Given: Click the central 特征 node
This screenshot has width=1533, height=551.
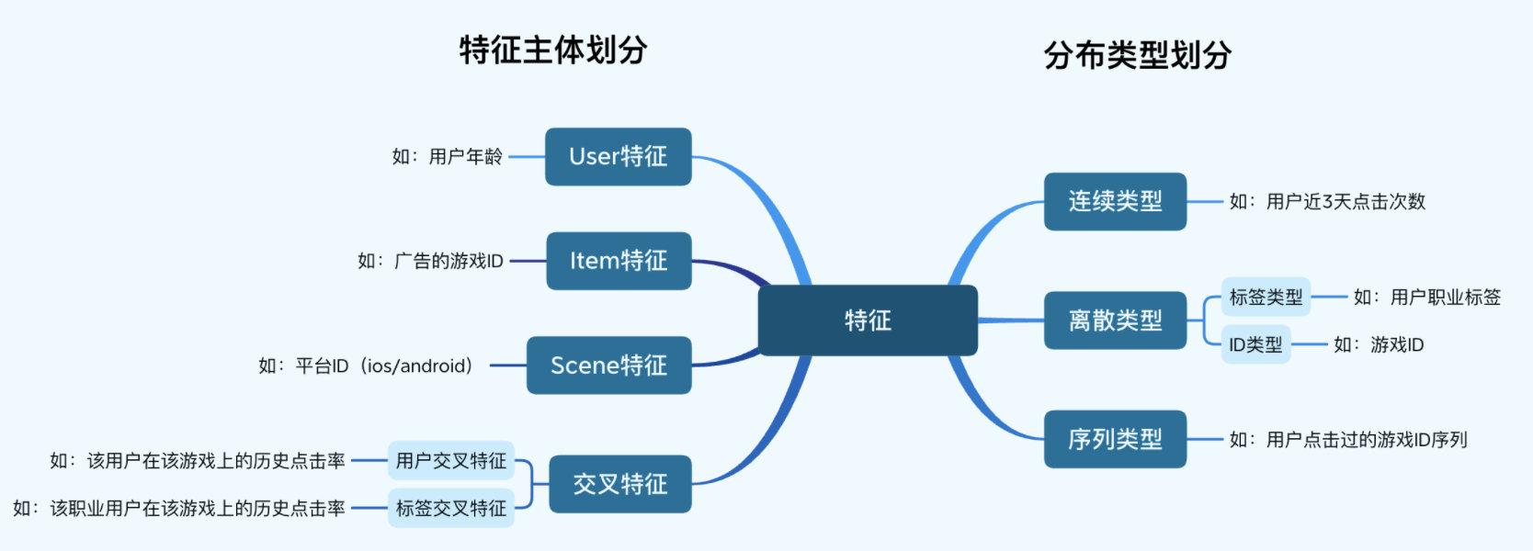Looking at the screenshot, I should point(867,320).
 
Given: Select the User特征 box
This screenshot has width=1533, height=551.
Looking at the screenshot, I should point(618,157).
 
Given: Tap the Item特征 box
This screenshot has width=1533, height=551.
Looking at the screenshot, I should point(618,261).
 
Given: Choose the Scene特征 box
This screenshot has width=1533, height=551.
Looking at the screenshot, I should point(608,365).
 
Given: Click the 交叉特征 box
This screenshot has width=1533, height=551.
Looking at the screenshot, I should point(619,484).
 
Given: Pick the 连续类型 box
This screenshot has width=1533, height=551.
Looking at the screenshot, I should point(1115,201).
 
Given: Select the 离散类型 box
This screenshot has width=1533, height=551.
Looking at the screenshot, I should point(1115,320).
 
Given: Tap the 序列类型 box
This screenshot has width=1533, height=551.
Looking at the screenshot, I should point(1115,440).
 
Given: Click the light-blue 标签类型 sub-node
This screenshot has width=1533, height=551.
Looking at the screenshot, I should point(1266,298).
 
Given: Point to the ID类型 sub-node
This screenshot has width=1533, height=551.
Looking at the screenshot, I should point(1255,344).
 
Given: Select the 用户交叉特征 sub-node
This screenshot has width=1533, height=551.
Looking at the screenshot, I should point(450,461).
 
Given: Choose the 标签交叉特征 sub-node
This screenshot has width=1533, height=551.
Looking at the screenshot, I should point(450,508).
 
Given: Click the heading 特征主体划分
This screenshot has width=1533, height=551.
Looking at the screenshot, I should point(553,50).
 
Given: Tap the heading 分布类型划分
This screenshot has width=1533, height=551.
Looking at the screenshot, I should point(1137,55).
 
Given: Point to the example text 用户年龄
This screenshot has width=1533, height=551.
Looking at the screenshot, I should point(465,157).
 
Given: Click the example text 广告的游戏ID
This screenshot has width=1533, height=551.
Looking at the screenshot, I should point(449,262).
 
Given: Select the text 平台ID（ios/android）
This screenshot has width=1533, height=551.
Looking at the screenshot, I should point(384,366).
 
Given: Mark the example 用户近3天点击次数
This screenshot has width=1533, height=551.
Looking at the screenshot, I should point(1345,202).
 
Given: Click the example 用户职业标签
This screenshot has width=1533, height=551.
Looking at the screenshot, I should point(1445,298).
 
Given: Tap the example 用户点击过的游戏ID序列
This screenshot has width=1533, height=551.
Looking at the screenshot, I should point(1366,441).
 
